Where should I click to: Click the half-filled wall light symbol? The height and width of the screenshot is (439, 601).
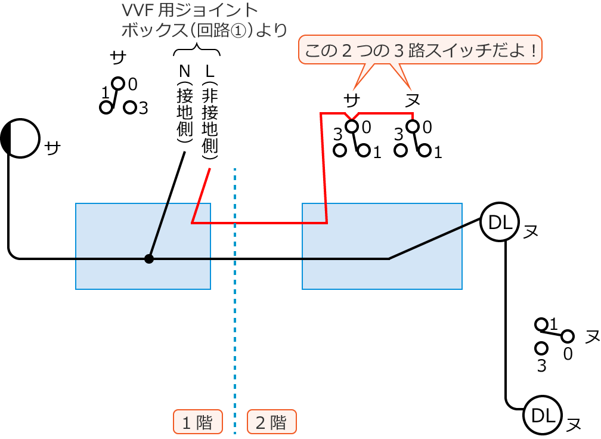[x=21, y=138]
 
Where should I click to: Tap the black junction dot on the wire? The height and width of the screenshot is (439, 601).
[x=149, y=259]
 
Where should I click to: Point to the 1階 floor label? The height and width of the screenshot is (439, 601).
[x=198, y=422]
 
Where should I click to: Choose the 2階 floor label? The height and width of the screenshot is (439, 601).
[x=272, y=422]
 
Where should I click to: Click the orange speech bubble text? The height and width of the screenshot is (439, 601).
[x=420, y=50]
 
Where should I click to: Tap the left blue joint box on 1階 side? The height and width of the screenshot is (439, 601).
[x=143, y=246]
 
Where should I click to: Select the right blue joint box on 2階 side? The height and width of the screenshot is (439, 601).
[x=382, y=246]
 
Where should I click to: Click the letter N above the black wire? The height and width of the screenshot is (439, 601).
[x=184, y=71]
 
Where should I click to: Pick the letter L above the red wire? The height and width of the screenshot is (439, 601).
[x=209, y=71]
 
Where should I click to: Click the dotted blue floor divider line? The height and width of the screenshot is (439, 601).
[x=236, y=298]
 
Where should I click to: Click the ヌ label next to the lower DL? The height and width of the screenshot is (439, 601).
[x=574, y=424]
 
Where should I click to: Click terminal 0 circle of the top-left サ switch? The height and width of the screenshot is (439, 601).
[x=118, y=83]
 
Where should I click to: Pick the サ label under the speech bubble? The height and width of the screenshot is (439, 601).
[x=352, y=100]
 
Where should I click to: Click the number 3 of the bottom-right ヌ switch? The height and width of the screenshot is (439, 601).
[x=541, y=366]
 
